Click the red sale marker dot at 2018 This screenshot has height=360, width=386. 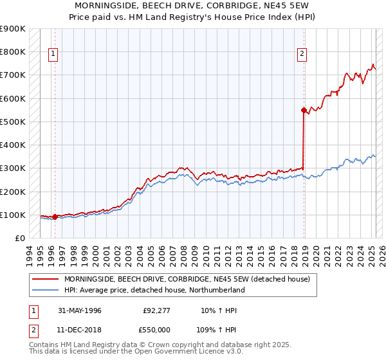point(304,110)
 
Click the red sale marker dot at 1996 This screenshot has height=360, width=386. point(55,217)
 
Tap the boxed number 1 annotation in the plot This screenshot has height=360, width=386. point(52,55)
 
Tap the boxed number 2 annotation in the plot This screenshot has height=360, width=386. point(301,55)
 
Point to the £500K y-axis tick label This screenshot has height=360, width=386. point(13,122)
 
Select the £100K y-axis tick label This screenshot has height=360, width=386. point(13,215)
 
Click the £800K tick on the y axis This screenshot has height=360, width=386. point(13,51)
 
